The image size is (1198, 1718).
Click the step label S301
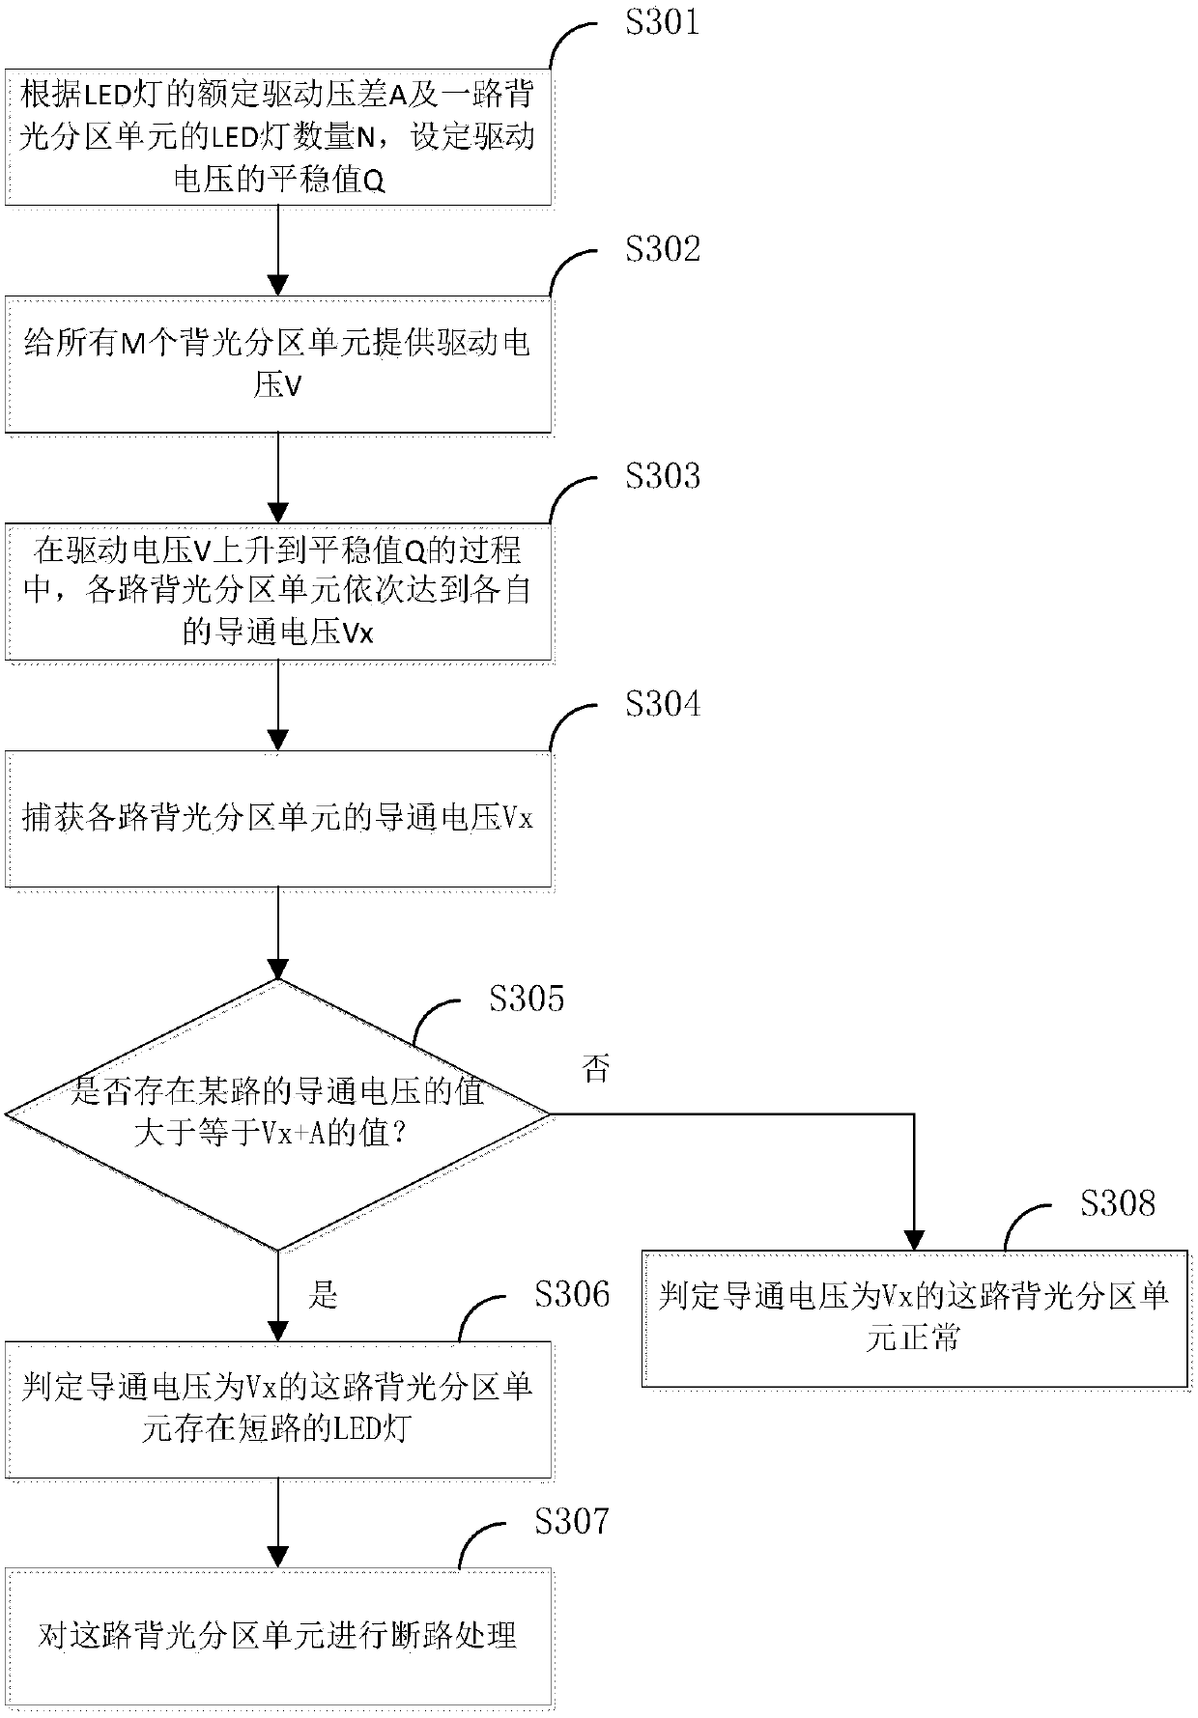coord(662,21)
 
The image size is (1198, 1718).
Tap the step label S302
coord(662,249)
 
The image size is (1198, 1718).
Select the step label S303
coord(662,476)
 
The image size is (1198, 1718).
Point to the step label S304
coord(662,704)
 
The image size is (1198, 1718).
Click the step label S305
coord(527,999)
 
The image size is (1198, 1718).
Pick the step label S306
coord(572,1294)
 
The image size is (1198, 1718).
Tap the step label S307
coord(572,1522)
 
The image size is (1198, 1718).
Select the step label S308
coord(1118,1203)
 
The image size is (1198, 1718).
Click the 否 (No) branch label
coord(596,1069)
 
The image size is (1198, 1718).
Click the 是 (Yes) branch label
coord(324,1294)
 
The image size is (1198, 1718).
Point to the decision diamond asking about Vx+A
coord(278,1114)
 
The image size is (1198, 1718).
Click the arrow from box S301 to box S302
coord(278,250)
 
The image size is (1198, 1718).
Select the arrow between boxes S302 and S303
coord(278,478)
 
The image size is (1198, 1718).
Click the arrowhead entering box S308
coord(914,1240)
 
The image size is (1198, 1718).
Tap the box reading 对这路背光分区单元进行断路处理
coord(279,1637)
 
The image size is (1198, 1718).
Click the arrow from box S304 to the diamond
coord(278,933)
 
